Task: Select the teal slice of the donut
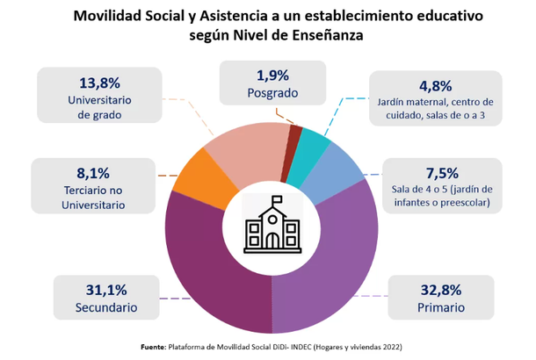(x=315, y=146)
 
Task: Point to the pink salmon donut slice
(x=250, y=149)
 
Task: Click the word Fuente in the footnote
(x=153, y=348)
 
